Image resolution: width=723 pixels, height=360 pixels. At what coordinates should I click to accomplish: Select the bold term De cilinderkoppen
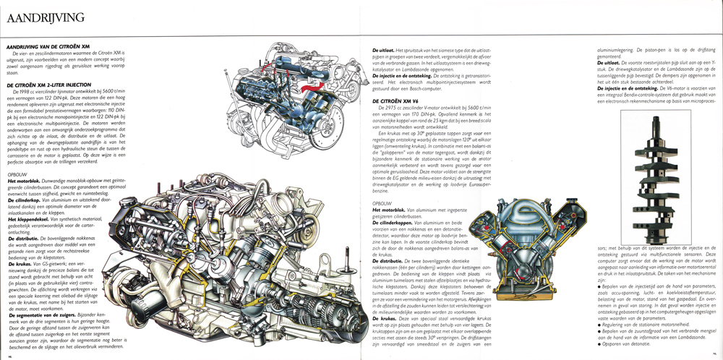coord(388,226)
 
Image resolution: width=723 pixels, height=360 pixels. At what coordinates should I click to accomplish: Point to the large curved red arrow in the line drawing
coord(303,90)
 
